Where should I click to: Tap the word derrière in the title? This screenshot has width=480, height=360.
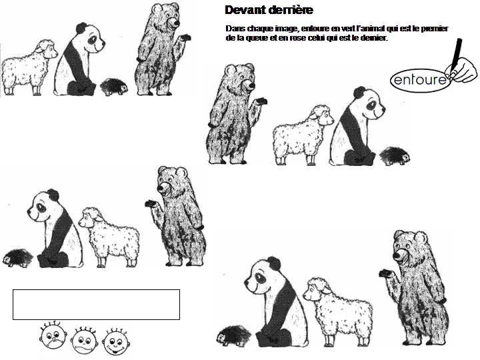tap(291, 10)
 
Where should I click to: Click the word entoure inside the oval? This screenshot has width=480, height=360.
tap(419, 80)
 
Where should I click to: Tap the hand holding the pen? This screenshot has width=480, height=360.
tap(462, 70)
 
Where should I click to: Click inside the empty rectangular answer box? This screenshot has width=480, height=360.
tap(96, 305)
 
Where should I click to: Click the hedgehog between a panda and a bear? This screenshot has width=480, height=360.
tap(114, 87)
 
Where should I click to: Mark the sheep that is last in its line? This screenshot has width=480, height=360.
tap(29, 67)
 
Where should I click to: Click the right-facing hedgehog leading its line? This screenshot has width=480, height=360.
tap(395, 156)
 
